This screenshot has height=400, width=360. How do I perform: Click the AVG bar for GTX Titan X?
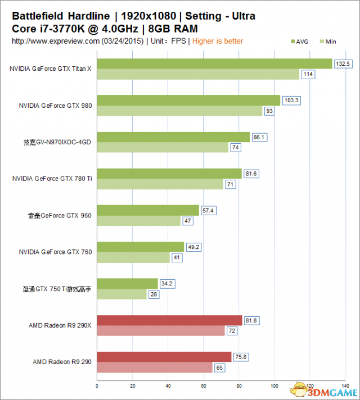tap(214, 63)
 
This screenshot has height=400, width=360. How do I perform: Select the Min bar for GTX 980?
tap(180, 111)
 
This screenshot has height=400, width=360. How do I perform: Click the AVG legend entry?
tap(300, 41)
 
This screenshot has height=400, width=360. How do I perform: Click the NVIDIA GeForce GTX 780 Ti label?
tap(52, 179)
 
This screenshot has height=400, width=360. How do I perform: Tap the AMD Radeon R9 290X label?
tap(60, 325)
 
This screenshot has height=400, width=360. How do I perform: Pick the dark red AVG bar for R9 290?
tap(164, 357)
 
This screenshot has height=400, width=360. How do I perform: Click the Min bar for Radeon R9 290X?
tap(161, 331)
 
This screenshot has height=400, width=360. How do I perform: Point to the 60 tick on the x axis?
tap(204, 386)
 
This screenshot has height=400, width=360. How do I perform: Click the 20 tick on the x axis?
tap(133, 386)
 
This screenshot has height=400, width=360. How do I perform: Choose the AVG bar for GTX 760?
tap(141, 247)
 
